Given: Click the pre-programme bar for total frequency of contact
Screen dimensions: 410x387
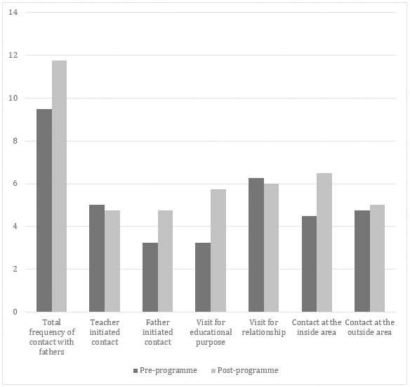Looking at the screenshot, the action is [44, 210].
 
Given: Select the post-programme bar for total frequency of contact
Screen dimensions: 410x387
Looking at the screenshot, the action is [59, 186].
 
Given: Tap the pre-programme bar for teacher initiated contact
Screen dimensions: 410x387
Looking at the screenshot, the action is [97, 258].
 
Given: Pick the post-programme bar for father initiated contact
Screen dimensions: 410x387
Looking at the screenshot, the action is [165, 261].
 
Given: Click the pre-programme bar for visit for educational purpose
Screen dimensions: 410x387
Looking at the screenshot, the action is [203, 277].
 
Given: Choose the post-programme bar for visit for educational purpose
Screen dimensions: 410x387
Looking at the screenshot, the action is [218, 250].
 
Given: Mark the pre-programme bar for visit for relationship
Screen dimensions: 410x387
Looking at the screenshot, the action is [256, 245].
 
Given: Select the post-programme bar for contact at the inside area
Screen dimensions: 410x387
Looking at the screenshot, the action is [324, 243].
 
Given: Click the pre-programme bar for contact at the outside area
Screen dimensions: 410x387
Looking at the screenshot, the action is [362, 261].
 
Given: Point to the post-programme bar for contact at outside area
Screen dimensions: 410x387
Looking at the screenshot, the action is [377, 258].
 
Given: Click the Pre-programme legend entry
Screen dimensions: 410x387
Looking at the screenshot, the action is [165, 371].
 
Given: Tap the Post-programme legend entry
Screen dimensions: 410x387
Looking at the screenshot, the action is [245, 371].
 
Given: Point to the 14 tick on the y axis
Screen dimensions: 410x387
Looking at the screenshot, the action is [13, 12].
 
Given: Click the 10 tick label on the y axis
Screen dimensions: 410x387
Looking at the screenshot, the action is [13, 98].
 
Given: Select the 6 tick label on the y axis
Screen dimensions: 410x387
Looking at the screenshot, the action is [15, 184].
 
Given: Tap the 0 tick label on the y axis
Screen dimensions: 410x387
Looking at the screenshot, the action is [15, 312].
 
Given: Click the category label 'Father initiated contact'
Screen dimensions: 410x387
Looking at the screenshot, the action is [158, 332].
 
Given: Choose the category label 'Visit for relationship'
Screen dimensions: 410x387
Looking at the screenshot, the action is [263, 327].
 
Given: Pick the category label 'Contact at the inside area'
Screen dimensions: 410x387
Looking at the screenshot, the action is [317, 327].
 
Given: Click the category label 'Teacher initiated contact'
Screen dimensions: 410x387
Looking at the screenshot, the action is [105, 332].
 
